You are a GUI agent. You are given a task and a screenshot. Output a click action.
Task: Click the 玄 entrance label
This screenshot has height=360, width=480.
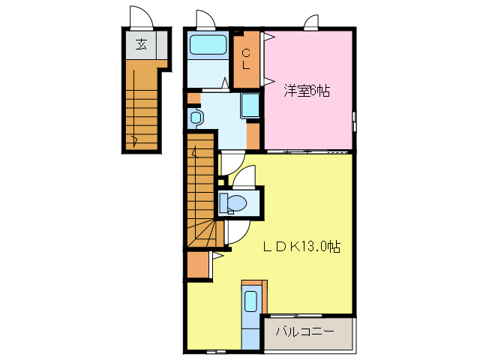(140, 43)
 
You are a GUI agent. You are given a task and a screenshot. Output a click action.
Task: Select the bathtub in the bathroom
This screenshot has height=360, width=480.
(208, 44)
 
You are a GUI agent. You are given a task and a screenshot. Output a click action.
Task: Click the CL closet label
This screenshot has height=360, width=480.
(246, 58)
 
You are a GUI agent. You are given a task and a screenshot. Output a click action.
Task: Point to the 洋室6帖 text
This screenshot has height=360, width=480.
(306, 91)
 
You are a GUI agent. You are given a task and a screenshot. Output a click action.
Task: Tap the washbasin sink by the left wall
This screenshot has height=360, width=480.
(196, 118)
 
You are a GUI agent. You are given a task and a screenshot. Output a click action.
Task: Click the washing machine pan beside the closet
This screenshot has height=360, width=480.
(250, 105)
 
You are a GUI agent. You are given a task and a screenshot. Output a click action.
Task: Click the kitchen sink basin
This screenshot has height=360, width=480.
(250, 301)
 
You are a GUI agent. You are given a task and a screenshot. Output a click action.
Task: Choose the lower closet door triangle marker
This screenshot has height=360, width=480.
(266, 79)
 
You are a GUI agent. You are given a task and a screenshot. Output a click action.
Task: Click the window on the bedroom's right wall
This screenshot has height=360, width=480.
(355, 120)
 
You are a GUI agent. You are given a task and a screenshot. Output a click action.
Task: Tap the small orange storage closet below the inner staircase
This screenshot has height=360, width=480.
(198, 265)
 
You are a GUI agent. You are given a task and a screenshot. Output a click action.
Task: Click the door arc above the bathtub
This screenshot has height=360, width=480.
(205, 19)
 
